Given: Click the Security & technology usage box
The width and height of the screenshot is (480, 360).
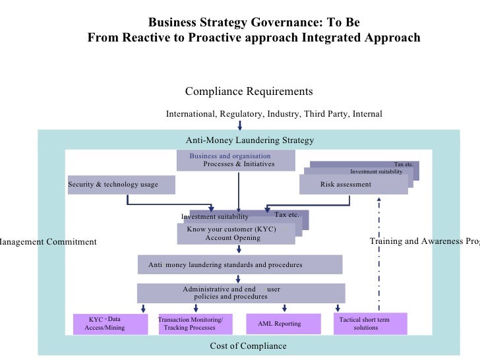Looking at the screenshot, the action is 121,185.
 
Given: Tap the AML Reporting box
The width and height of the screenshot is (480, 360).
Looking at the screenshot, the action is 283,324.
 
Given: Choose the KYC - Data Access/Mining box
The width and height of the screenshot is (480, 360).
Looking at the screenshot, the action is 109,324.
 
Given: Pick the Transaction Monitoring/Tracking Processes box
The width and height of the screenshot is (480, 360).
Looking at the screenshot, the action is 195,324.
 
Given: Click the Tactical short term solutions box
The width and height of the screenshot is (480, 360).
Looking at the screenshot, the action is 370,324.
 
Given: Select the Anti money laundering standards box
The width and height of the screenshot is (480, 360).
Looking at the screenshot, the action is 240,264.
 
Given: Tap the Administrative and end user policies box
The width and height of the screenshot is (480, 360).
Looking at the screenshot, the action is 240,293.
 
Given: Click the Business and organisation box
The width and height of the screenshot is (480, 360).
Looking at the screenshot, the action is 239,160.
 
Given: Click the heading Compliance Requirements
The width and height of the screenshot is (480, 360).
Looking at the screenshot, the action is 249,91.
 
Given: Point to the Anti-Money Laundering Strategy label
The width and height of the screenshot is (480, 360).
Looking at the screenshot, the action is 250,140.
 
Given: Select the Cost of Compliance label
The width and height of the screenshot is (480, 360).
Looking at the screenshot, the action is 248,345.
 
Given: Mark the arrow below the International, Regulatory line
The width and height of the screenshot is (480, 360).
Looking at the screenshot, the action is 240,125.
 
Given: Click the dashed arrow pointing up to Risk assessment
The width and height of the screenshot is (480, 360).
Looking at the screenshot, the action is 378,251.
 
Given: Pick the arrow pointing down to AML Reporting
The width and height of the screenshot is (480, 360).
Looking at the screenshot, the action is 284,308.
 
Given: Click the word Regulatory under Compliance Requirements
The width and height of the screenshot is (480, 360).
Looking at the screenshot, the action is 240,114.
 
